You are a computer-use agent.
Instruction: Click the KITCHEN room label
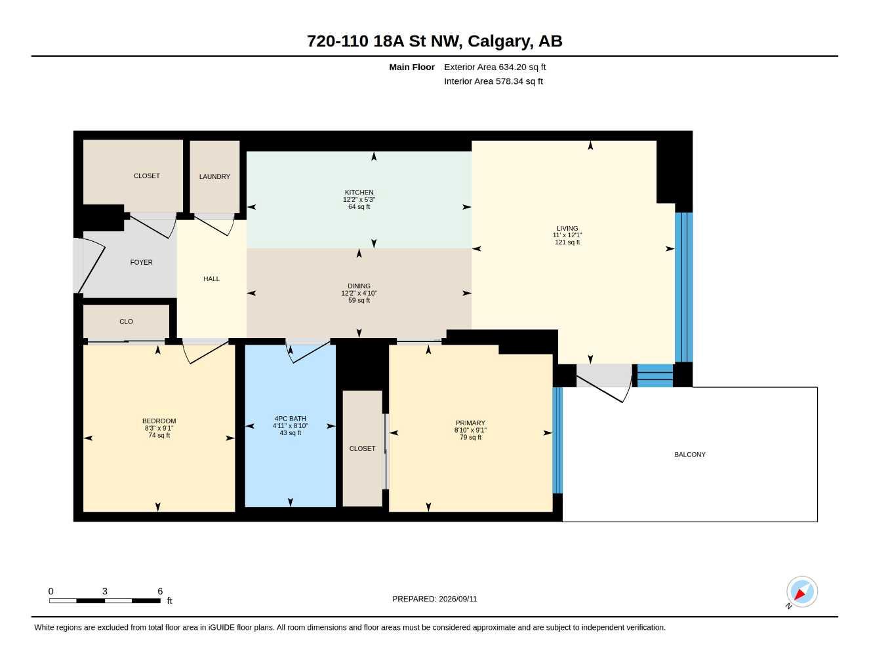coord(359,192)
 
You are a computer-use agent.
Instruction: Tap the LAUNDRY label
coord(214,176)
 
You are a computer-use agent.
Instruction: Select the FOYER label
coord(141,262)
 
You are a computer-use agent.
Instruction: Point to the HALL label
coord(211,278)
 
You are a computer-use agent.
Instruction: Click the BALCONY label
coord(689,455)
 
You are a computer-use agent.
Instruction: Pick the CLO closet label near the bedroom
coord(126,322)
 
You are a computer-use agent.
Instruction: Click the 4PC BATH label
coord(290,419)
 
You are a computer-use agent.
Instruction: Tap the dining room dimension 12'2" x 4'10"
coord(359,293)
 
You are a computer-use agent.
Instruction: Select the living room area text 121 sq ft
coord(567,242)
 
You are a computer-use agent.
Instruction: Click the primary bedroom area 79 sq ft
coord(470,437)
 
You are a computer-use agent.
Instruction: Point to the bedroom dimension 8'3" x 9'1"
coord(159,428)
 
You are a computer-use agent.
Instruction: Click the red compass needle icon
coord(800,594)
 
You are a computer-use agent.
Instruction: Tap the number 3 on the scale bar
coord(105,591)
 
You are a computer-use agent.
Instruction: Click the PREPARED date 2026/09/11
coord(458,599)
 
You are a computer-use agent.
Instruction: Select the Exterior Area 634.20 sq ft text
coord(495,67)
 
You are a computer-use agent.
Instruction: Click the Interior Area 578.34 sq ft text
coord(493,81)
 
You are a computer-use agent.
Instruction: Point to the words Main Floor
coord(411,67)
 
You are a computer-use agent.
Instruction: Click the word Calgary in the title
coord(500,41)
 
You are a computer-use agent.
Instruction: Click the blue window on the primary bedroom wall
coord(557,440)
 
